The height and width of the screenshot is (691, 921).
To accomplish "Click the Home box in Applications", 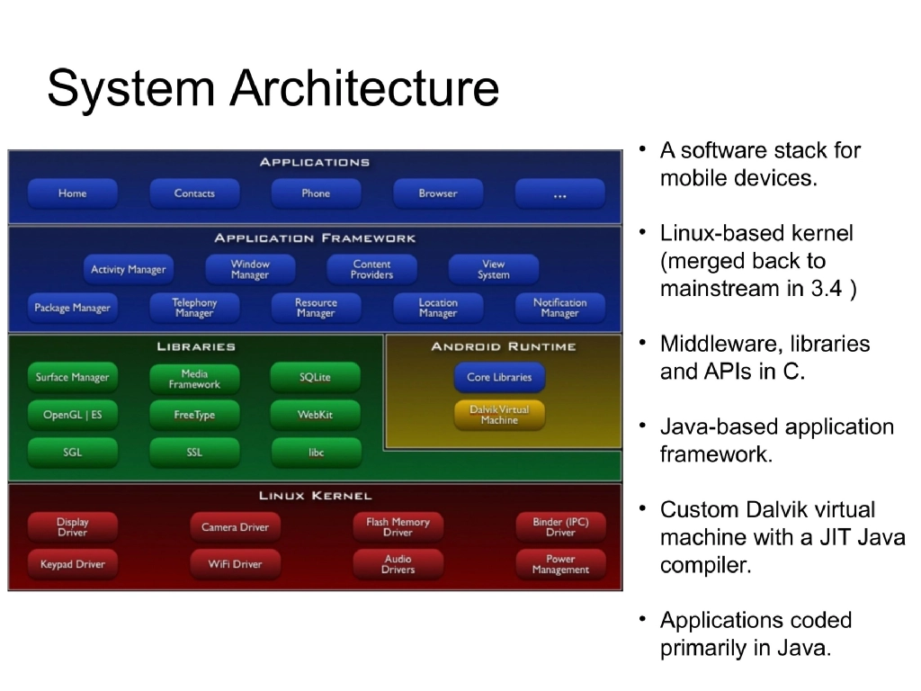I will tap(72, 193).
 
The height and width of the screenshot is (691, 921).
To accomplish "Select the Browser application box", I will tap(438, 193).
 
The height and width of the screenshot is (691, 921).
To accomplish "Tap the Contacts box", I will tap(194, 193).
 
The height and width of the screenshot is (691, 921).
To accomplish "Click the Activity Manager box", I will tap(128, 270).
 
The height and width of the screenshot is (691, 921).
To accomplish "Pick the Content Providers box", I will tap(371, 270).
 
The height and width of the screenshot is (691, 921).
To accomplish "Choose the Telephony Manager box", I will tap(194, 308).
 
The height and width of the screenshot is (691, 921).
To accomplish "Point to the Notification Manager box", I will tap(559, 308).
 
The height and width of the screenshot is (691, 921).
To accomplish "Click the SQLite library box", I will tap(315, 378).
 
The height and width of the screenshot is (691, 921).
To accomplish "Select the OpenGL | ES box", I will tap(72, 415).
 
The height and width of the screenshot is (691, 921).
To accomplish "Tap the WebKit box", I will tap(315, 415).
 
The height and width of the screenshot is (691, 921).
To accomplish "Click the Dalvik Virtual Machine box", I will tap(499, 415).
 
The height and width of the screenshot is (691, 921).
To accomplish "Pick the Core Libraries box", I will tap(499, 378).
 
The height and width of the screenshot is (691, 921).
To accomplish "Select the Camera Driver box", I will tap(235, 527).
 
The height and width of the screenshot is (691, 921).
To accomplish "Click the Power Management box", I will tap(559, 564).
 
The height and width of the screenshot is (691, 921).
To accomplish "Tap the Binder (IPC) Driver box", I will tap(559, 527).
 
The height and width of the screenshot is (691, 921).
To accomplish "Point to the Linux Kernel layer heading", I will tap(315, 496).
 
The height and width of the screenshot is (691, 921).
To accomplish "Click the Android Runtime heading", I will tap(503, 346).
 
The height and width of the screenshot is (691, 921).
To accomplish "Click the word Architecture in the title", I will tap(364, 89).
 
